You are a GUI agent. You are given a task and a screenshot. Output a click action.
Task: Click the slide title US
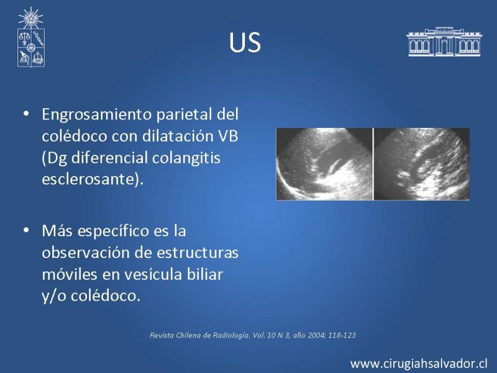(x=245, y=42)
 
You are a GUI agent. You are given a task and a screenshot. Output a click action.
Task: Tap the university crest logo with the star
(x=30, y=37)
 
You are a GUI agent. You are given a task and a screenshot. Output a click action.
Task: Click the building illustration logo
(x=444, y=42)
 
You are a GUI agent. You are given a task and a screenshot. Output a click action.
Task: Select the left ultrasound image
(x=324, y=164)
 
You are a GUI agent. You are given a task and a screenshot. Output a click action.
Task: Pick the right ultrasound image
(x=422, y=164)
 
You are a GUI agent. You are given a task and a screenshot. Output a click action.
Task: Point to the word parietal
(x=184, y=115)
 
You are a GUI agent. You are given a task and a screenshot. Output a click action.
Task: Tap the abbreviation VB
(x=228, y=136)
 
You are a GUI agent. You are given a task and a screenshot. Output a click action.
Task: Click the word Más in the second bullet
(x=57, y=231)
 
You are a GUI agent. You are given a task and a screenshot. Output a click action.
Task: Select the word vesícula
(x=152, y=274)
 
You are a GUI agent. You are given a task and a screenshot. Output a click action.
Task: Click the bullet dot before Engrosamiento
(x=26, y=114)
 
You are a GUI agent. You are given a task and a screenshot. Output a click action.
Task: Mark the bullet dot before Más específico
(x=26, y=230)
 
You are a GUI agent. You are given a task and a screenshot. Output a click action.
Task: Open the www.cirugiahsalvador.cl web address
(x=419, y=364)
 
